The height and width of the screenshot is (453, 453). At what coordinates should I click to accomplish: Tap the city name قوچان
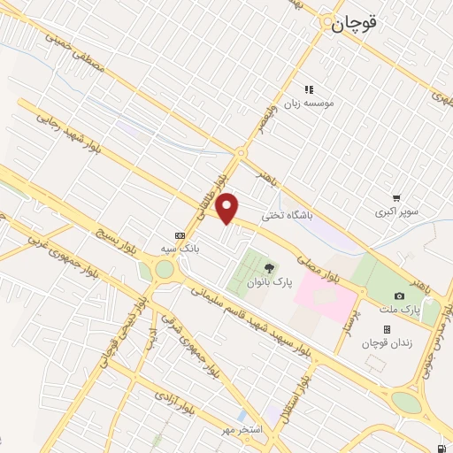click(x=354, y=26)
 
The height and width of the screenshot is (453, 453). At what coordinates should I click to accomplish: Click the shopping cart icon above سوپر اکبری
click(x=396, y=198)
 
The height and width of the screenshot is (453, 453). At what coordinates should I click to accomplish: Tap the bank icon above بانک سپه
click(x=180, y=235)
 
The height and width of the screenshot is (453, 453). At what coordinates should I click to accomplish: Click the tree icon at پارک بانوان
click(x=269, y=267)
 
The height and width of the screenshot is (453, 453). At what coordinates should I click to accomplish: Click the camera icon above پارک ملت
click(x=399, y=296)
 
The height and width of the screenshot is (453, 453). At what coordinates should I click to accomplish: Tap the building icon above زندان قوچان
click(x=387, y=329)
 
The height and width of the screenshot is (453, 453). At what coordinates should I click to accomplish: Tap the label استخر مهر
click(x=242, y=429)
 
